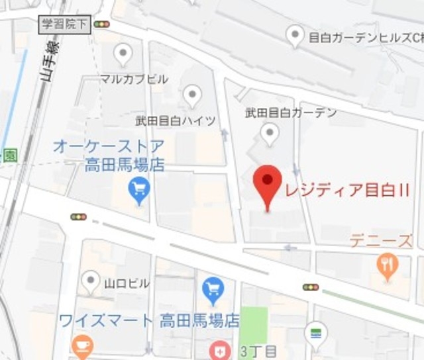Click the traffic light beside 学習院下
101,24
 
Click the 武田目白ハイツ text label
176,120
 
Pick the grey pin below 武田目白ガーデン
269,134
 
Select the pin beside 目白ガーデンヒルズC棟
295,36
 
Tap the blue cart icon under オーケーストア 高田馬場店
140,191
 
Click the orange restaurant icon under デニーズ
386,266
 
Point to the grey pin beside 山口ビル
91,283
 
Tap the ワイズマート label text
105,321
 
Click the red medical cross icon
219,350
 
